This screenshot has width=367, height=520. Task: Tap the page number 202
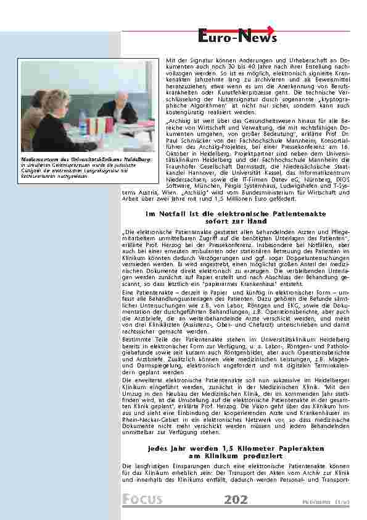coord(236,499)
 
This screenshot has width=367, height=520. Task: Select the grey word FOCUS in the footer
coord(142,500)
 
